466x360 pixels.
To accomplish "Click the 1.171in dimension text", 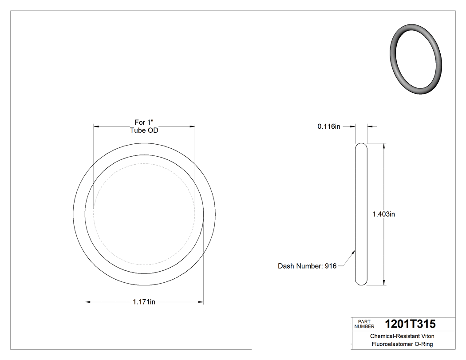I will pos(144,302).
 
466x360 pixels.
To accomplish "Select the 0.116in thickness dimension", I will pos(329,127).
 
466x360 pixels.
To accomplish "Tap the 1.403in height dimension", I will pos(383,214).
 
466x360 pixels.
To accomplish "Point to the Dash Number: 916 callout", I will pos(307,266).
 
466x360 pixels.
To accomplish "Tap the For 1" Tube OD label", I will pos(144,126).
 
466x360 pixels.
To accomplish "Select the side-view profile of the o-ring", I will pos(362,214).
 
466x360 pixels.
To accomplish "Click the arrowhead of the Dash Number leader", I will pos(354,252).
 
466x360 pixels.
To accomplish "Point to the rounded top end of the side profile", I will pos(362,146).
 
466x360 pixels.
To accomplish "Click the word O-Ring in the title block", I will pos(424,344).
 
